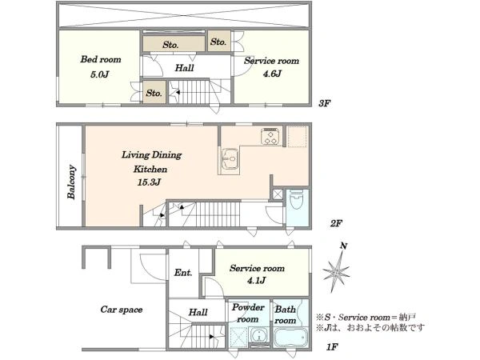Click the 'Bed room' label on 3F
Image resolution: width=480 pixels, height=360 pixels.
pyautogui.click(x=101, y=59)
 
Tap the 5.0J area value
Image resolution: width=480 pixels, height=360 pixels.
pyautogui.click(x=100, y=74)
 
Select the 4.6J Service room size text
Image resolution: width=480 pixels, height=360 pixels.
pyautogui.click(x=272, y=74)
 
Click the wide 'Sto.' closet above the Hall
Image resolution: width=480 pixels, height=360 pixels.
pyautogui.click(x=174, y=44)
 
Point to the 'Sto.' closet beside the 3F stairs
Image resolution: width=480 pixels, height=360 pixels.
pyautogui.click(x=154, y=92)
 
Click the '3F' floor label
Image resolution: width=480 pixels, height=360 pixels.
pyautogui.click(x=325, y=103)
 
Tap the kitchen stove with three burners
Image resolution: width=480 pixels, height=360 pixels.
pyautogui.click(x=271, y=136)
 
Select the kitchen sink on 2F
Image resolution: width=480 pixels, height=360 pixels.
pyautogui.click(x=230, y=158)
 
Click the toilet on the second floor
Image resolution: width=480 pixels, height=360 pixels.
pyautogui.click(x=296, y=199)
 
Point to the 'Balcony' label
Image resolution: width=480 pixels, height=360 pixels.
pyautogui.click(x=71, y=182)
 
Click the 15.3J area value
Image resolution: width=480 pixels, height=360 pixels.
pyautogui.click(x=149, y=182)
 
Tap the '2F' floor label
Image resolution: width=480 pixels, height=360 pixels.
pyautogui.click(x=336, y=223)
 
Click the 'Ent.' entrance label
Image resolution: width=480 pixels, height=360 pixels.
pyautogui.click(x=183, y=272)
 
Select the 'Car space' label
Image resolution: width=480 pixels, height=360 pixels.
pyautogui.click(x=122, y=310)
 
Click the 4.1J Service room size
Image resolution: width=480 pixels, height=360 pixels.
pyautogui.click(x=257, y=280)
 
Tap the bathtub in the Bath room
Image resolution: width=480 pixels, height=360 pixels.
pyautogui.click(x=290, y=337)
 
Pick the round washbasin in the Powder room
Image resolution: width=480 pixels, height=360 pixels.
pyautogui.click(x=259, y=335)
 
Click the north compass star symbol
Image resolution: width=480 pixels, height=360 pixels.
pyautogui.click(x=336, y=272)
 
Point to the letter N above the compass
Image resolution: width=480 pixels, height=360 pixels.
pyautogui.click(x=344, y=246)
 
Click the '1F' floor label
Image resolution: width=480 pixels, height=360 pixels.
pyautogui.click(x=332, y=347)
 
